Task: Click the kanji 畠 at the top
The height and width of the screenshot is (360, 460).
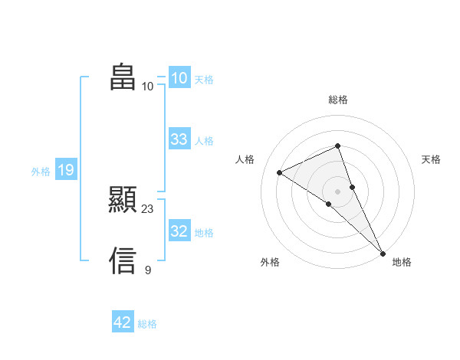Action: [x=123, y=77]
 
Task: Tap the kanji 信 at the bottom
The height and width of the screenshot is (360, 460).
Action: [x=123, y=260]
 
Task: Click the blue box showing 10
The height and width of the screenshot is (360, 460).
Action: [x=179, y=78]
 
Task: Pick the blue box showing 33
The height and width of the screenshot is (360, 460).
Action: [x=179, y=139]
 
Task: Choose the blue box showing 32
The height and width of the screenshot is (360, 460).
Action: [x=179, y=231]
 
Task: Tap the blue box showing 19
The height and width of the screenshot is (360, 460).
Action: [x=65, y=170]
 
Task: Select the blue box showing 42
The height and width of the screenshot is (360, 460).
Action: [x=123, y=322]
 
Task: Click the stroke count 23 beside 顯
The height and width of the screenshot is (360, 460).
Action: [x=148, y=208]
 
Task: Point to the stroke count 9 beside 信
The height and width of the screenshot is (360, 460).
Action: [x=148, y=270]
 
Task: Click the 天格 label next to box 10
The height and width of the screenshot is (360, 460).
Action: [x=204, y=79]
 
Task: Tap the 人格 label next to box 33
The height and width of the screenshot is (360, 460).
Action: [x=204, y=141]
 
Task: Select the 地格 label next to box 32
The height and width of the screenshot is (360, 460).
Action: [x=204, y=233]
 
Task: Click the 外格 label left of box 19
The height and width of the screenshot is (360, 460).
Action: [x=41, y=172]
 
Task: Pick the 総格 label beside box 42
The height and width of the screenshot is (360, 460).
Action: [x=147, y=324]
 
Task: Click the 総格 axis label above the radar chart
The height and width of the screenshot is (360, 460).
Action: [x=338, y=100]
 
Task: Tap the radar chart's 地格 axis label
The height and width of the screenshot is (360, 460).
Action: [x=402, y=263]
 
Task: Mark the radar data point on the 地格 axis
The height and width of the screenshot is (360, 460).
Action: [x=383, y=253]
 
